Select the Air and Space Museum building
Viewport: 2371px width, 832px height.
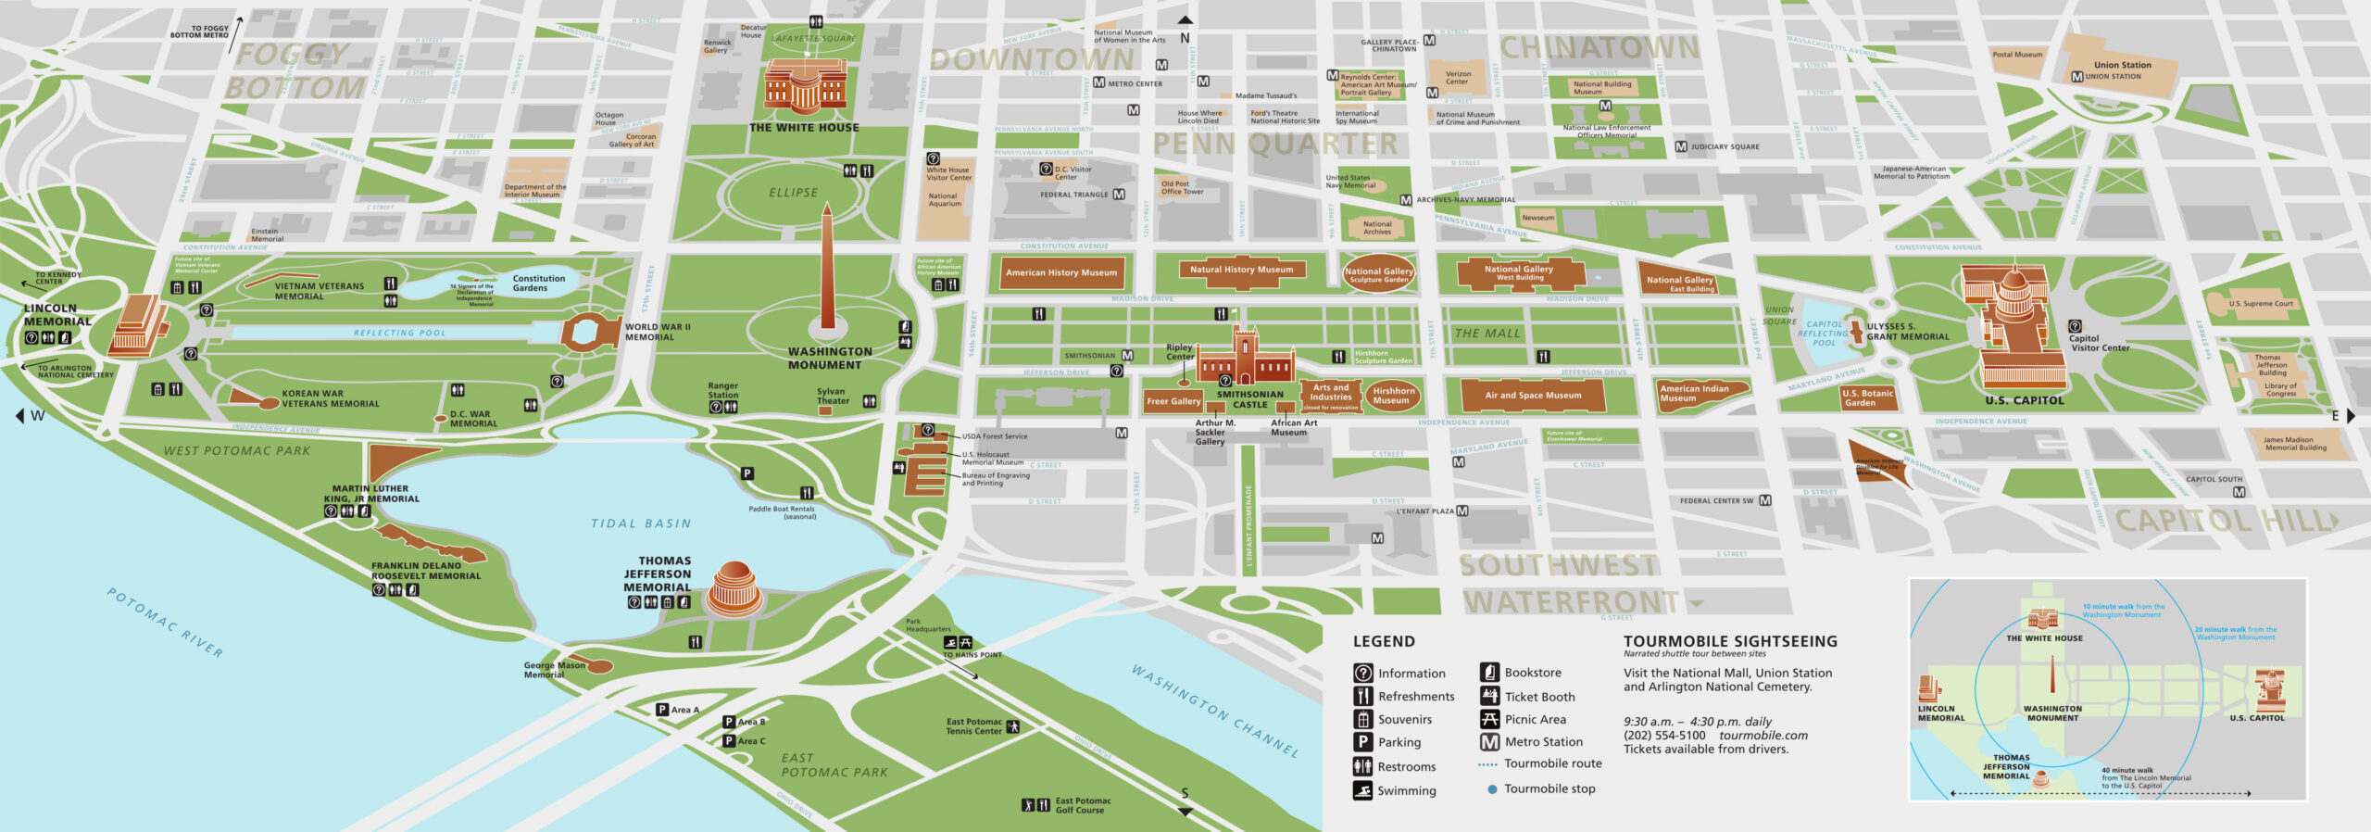point(1532,396)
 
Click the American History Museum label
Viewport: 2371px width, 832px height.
point(1061,272)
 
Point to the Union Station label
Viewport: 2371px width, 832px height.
point(2123,65)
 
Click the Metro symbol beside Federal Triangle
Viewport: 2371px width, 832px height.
point(1119,195)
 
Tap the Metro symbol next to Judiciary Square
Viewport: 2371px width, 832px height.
point(1681,146)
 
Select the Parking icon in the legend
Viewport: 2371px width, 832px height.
point(1362,742)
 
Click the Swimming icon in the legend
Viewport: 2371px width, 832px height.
point(1362,790)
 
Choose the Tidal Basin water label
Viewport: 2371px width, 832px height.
point(641,523)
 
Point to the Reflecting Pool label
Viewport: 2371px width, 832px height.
point(399,333)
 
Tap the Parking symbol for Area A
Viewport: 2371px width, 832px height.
point(662,710)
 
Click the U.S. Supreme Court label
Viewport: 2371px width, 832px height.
point(2261,304)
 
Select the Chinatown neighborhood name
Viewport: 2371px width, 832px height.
point(1599,48)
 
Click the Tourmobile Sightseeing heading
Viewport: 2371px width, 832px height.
point(1730,641)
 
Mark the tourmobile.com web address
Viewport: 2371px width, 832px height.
point(1763,736)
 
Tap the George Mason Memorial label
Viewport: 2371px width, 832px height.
point(553,670)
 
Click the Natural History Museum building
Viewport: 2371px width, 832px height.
point(1241,271)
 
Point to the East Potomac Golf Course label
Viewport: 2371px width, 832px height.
point(1083,805)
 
